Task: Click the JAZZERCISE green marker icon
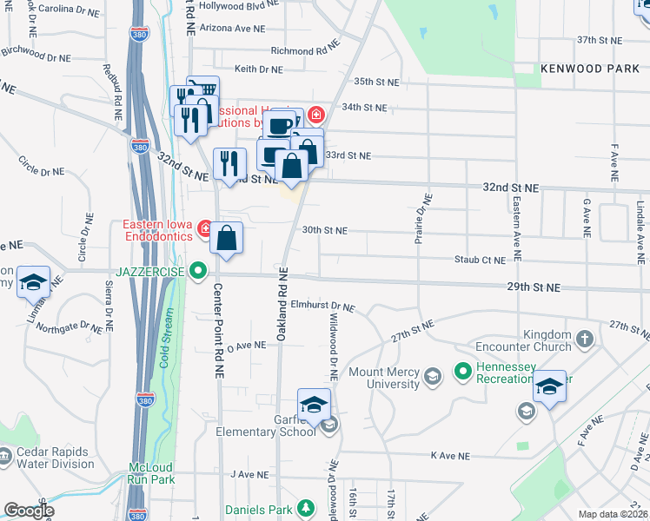click(199, 272)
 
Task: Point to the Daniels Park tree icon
click(304, 509)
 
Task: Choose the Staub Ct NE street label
click(481, 260)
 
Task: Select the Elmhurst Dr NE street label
click(323, 307)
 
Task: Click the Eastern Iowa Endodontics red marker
click(205, 229)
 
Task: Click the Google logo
click(29, 511)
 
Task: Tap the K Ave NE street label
click(449, 455)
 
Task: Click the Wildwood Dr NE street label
click(332, 348)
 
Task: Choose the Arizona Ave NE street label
click(231, 28)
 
